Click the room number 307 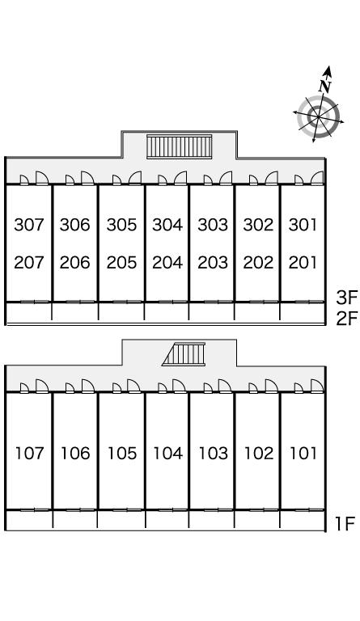tap(29, 225)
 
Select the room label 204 tap(167, 262)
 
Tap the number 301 tap(303, 225)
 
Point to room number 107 tap(29, 453)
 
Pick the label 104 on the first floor tap(168, 453)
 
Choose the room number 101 tap(303, 453)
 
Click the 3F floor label tap(347, 298)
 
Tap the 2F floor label tap(347, 318)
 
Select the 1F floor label tap(345, 524)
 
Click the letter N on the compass tap(324, 86)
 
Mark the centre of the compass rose tap(319, 116)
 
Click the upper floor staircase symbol tap(180, 146)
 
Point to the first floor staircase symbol tap(184, 354)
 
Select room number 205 tap(121, 262)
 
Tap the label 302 tap(258, 225)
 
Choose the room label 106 tap(75, 453)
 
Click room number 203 tap(213, 262)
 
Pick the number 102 tap(259, 453)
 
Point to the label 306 tap(75, 225)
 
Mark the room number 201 tap(303, 262)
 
